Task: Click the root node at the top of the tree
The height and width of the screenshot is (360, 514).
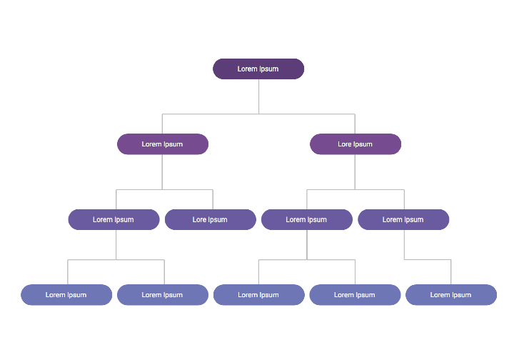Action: [258, 69]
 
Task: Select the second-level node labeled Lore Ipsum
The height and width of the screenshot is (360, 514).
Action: [355, 144]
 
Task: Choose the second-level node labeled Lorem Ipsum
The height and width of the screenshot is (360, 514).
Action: [162, 144]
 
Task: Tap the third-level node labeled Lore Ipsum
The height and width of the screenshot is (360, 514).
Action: [210, 219]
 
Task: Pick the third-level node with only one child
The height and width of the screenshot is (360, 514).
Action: [403, 219]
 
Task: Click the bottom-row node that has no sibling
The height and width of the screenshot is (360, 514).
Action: [450, 294]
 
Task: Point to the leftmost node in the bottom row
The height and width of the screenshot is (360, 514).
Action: [66, 294]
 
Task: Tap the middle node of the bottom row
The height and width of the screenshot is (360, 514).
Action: [258, 294]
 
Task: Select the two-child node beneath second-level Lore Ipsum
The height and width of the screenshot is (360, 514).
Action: [306, 219]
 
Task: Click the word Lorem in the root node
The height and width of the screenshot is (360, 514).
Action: [247, 69]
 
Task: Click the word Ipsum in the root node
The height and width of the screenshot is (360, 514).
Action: [269, 69]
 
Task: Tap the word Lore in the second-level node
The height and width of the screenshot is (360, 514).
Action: [345, 144]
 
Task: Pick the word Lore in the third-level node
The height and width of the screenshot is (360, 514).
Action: [199, 220]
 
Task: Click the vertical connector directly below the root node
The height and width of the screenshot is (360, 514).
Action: [258, 96]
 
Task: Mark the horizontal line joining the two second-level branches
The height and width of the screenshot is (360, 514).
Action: [214, 114]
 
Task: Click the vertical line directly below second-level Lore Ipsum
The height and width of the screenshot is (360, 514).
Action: [355, 171]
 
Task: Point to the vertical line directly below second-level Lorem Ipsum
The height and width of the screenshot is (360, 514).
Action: [162, 171]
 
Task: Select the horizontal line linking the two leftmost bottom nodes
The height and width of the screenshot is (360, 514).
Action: [93, 260]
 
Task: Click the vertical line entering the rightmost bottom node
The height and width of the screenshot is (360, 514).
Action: [451, 272]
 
